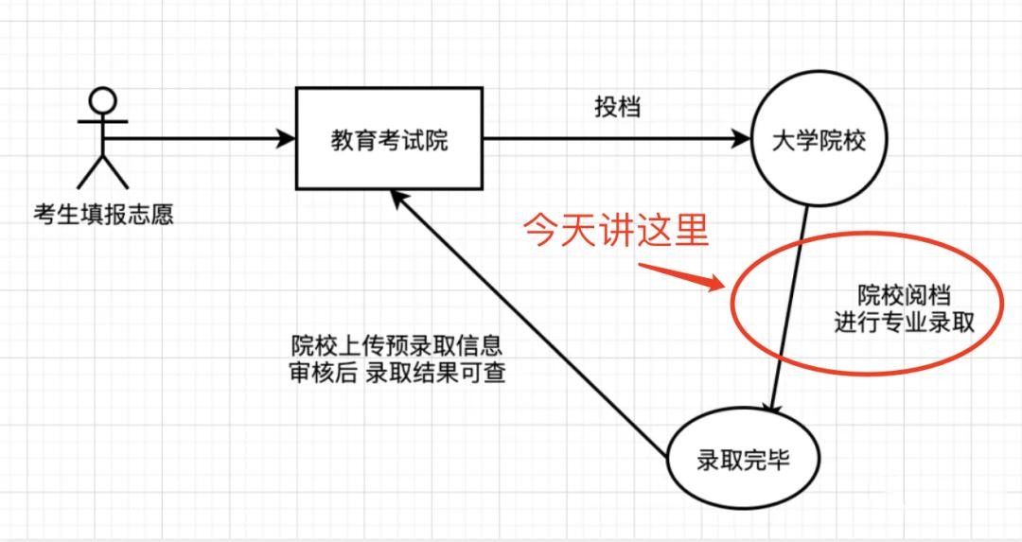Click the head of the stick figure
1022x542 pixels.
101,99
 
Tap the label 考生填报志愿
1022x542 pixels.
103,215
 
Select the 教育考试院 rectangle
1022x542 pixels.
389,139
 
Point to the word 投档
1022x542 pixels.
617,107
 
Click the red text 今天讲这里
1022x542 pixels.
616,231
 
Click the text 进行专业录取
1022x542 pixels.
905,323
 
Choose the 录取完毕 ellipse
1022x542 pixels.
742,462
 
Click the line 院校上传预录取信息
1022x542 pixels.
396,344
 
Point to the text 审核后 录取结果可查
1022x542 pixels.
396,373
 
